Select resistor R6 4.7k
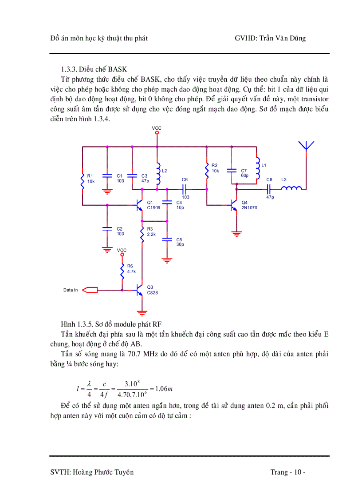[x=122, y=269]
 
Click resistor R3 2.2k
[x=142, y=234]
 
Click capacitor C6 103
[x=185, y=188]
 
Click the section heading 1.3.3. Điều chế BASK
[x=94, y=69]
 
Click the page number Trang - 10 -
[x=287, y=472]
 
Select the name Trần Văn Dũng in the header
[x=283, y=38]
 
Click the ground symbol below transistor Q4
[x=237, y=233]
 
